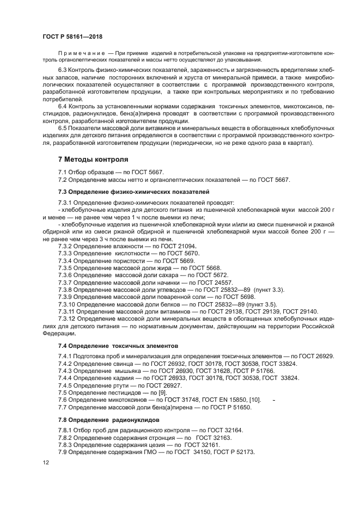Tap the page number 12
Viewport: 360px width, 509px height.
point(46,462)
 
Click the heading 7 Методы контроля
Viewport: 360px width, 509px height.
point(93,160)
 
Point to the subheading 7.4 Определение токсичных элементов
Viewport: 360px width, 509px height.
point(117,345)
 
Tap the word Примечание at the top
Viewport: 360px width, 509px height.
point(81,52)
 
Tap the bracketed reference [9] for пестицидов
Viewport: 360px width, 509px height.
point(161,393)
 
